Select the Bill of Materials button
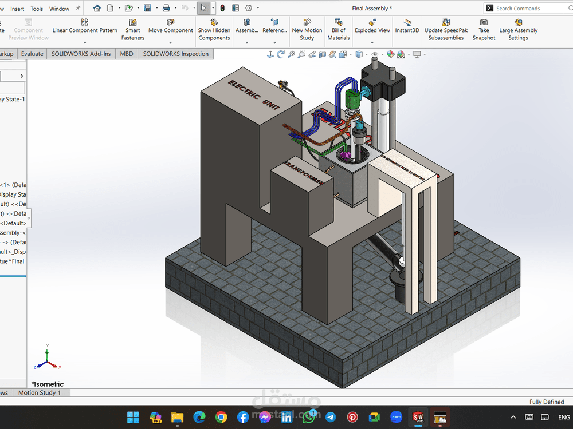point(338,30)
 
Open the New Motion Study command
point(307,30)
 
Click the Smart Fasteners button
point(132,30)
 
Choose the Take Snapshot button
point(484,30)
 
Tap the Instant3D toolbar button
point(407,26)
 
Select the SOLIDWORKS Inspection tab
point(176,54)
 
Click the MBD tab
point(126,54)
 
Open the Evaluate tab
point(32,54)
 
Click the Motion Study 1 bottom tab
point(40,393)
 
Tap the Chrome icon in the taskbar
point(221,417)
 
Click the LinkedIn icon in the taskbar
point(287,417)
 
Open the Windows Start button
point(133,417)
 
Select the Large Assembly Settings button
point(518,30)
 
